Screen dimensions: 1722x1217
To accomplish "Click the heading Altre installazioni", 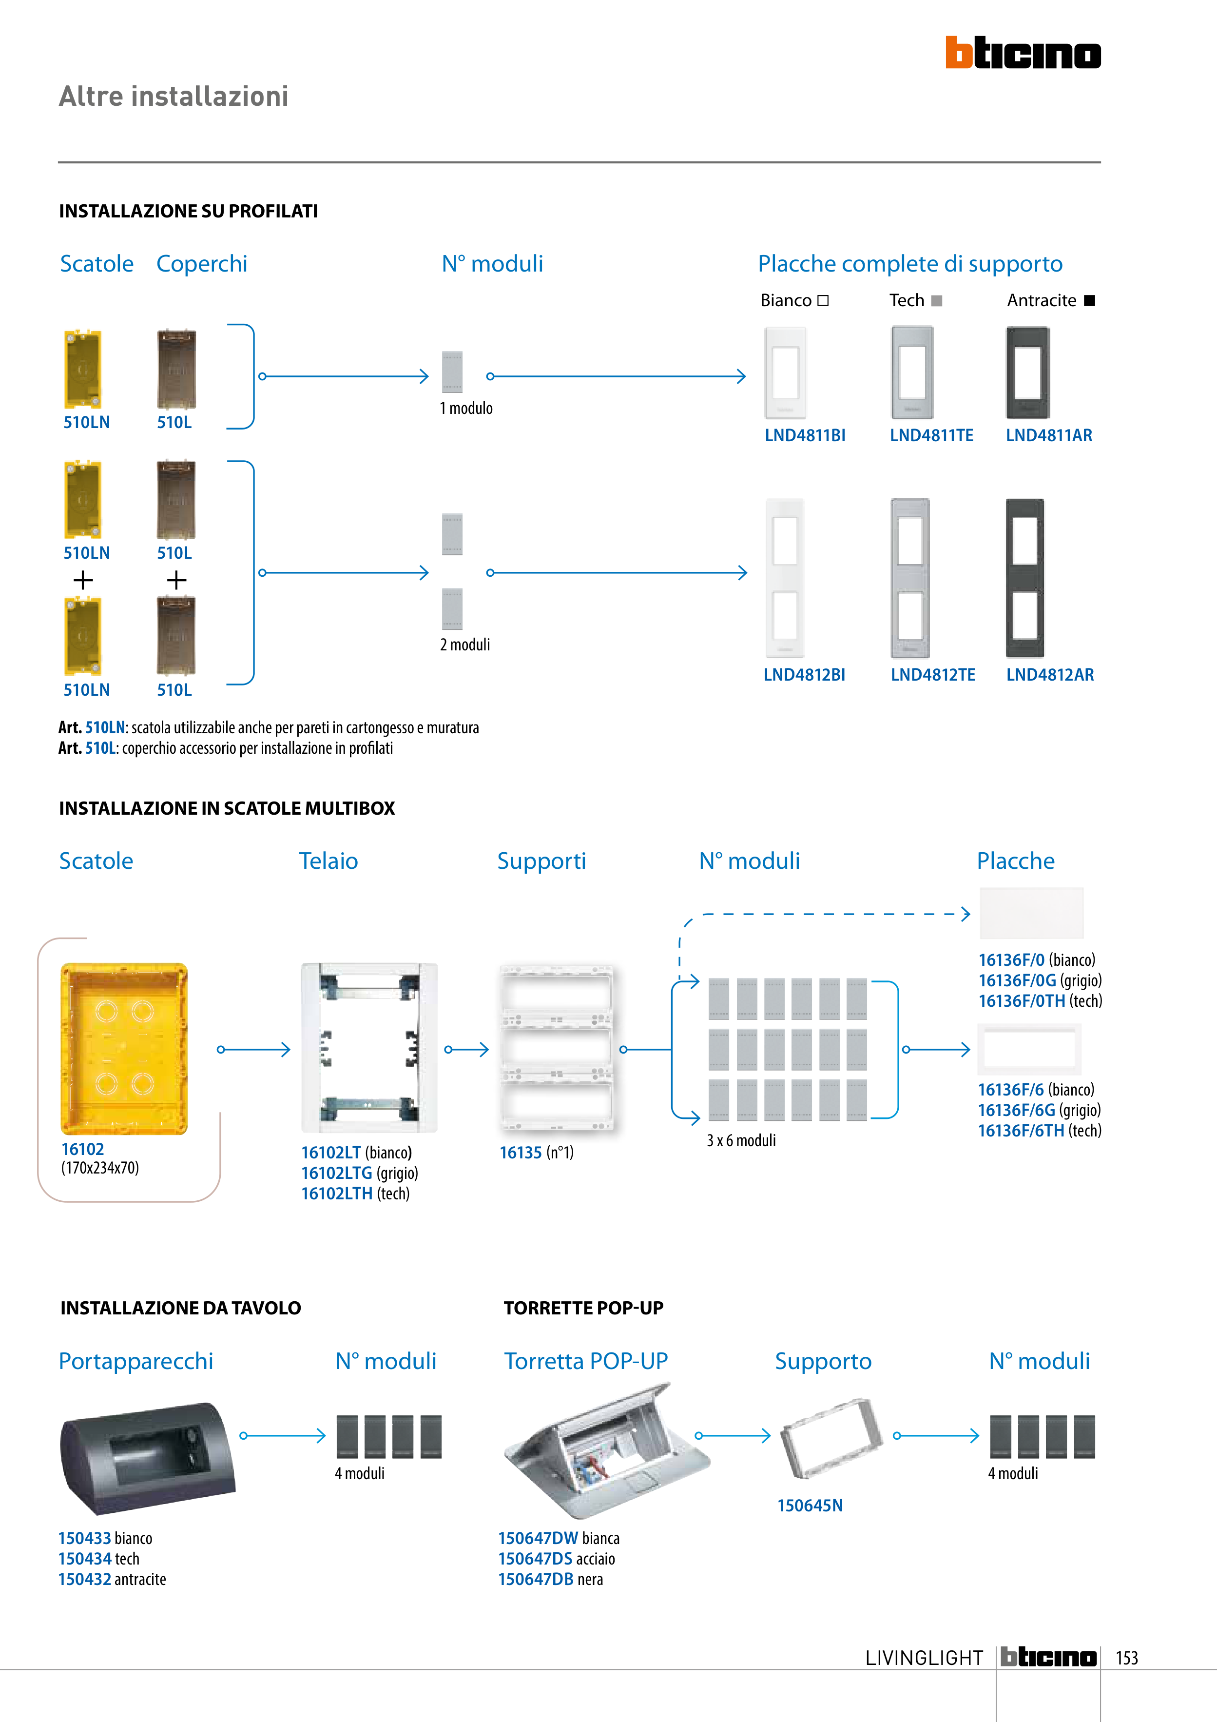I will tap(173, 96).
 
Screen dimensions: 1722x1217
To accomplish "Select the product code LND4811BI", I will tap(805, 436).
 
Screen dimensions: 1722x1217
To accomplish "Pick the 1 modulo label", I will tap(465, 409).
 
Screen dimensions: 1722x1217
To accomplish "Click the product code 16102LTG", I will tap(337, 1173).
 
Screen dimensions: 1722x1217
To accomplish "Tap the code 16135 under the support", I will tap(521, 1153).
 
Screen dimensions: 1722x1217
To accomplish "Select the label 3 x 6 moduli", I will tap(741, 1141).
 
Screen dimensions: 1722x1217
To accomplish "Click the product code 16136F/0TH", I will tap(1021, 1001).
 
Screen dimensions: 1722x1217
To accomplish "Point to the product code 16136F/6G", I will tap(1016, 1111).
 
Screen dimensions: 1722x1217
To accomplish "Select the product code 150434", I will tap(85, 1559).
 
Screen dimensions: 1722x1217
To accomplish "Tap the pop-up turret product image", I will tap(606, 1452).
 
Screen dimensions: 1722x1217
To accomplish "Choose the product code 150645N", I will tap(810, 1506).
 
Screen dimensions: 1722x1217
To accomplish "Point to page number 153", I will tap(1126, 1658).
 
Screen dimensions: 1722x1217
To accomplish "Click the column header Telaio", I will tap(328, 861).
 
